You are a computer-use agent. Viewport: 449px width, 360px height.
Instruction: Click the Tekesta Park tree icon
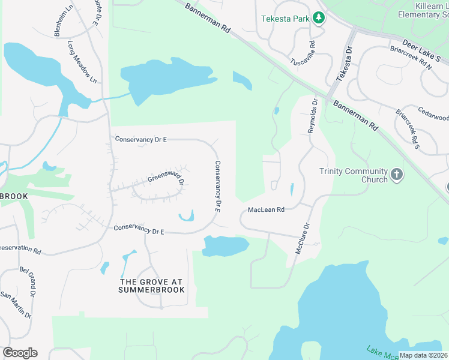[x=320, y=18]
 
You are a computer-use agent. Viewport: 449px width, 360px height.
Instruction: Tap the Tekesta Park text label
[x=285, y=19]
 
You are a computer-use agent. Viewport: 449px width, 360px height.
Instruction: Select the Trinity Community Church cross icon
[x=396, y=174]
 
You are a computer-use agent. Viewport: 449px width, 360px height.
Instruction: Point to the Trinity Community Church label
[x=353, y=175]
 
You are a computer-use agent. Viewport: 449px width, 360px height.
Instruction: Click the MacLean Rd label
[x=266, y=210]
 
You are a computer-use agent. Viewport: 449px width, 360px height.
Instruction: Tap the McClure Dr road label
[x=303, y=239]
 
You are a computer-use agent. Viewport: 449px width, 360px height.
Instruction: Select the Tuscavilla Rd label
[x=302, y=53]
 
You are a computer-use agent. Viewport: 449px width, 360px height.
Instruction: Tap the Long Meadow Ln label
[x=82, y=62]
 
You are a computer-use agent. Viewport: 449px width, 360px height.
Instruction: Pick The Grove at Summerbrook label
[x=152, y=286]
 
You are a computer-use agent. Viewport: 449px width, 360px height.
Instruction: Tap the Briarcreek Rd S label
[x=406, y=128]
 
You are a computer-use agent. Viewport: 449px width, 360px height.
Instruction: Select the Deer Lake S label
[x=421, y=52]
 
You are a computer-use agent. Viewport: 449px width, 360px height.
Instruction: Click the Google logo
[x=20, y=353]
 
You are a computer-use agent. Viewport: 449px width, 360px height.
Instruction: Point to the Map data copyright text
[x=423, y=355]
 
